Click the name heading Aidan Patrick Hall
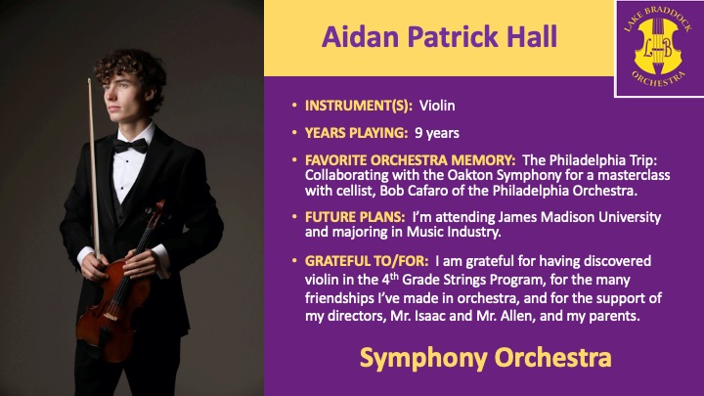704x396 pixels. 439,37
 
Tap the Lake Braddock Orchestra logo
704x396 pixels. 658,48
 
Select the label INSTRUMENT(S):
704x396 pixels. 358,106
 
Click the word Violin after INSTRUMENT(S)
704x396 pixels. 437,106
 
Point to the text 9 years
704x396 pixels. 437,133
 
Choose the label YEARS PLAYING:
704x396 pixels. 356,133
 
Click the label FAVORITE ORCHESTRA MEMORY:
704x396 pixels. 410,160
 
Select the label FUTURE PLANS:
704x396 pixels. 355,217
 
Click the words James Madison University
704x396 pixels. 579,217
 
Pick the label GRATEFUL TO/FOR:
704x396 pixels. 367,261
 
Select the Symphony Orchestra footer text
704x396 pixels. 485,358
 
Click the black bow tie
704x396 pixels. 130,146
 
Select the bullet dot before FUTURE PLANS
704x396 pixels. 294,217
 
